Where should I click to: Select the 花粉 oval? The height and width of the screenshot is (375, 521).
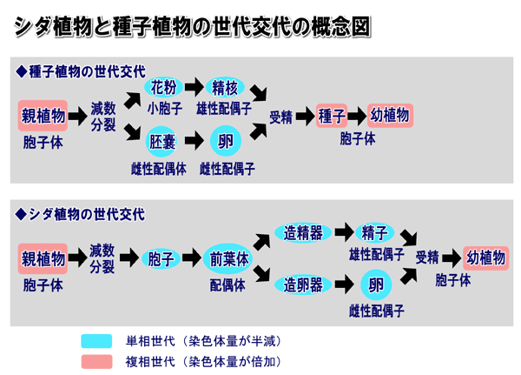point(163,87)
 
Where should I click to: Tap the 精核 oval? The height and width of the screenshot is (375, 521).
point(224,87)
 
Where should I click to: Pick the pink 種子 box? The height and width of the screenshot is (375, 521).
point(332,116)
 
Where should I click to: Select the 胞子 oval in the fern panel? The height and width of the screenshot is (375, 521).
point(162,258)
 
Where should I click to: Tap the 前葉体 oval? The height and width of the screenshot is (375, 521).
point(228,258)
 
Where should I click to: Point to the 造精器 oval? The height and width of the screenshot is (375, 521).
point(303,233)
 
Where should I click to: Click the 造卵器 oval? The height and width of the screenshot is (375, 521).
point(303,285)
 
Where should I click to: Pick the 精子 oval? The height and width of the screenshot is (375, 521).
point(374,233)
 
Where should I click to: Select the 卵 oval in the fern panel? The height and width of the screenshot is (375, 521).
point(375,285)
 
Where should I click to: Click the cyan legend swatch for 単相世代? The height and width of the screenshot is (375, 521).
point(97,340)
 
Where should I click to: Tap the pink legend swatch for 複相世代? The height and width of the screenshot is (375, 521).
point(97,360)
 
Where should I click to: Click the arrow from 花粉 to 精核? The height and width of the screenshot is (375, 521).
point(194,87)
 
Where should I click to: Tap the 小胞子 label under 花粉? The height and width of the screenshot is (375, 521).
point(163,109)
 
